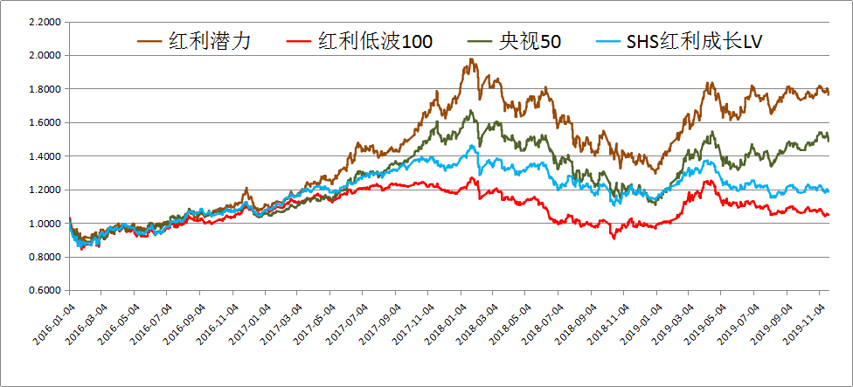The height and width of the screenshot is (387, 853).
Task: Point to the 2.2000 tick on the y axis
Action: (47, 22)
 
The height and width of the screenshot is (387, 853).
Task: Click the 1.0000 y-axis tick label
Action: (47, 224)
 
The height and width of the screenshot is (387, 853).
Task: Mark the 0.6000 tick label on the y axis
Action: (47, 291)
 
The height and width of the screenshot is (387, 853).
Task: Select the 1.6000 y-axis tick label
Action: (47, 123)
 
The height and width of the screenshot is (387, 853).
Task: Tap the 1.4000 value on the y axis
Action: (47, 156)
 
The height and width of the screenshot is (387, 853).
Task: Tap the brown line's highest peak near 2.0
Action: (470, 59)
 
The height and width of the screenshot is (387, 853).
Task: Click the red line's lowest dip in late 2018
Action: (614, 238)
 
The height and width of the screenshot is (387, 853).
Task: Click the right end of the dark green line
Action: (829, 140)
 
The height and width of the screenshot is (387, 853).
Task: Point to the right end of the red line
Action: (829, 215)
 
